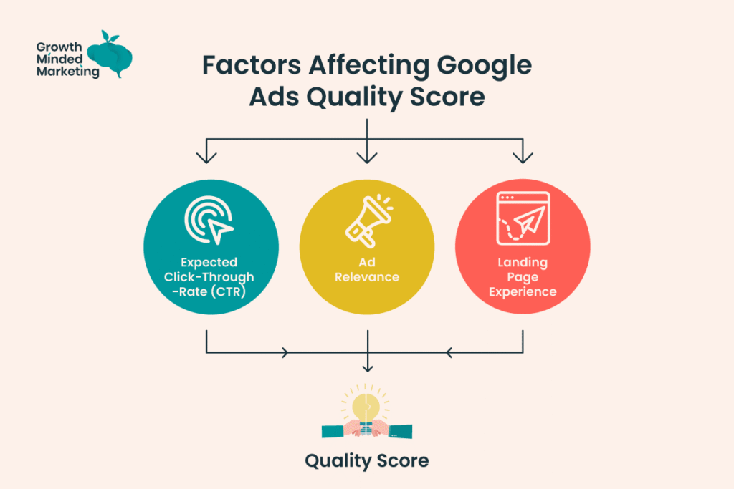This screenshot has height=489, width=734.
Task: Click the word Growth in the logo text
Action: [x=57, y=47]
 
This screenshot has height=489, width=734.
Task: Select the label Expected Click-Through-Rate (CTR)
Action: [x=209, y=277]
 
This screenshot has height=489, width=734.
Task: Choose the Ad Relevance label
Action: [x=366, y=270]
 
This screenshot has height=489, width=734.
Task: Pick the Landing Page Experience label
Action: [x=523, y=277]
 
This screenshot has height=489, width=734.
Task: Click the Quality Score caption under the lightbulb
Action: [x=366, y=460]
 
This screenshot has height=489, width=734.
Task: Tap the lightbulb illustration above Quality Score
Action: [x=366, y=410]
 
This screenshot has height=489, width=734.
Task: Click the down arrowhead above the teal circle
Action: [x=207, y=155]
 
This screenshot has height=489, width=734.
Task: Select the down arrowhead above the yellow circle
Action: [x=367, y=155]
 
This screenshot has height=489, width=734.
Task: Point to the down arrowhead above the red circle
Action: [x=523, y=155]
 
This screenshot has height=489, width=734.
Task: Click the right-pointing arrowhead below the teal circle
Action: [x=285, y=352]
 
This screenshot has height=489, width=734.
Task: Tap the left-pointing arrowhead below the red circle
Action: [x=449, y=352]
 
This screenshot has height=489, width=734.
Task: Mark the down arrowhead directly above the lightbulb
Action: [x=367, y=367]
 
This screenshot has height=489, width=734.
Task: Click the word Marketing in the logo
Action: [x=67, y=72]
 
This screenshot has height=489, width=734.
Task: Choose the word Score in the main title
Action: [x=448, y=97]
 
